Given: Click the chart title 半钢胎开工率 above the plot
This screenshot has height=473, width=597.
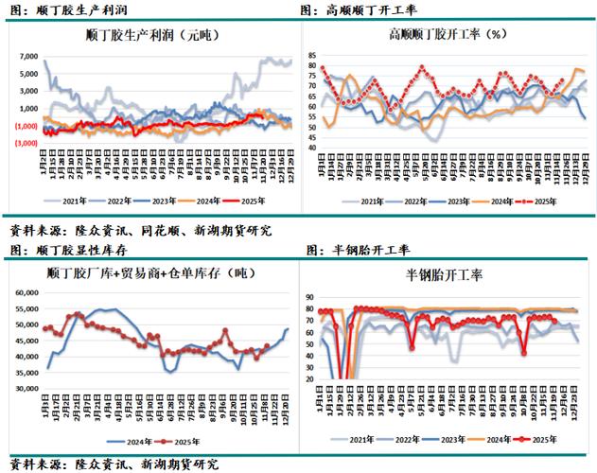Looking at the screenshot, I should (x=445, y=275).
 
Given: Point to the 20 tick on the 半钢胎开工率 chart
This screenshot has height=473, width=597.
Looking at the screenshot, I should (x=308, y=378).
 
